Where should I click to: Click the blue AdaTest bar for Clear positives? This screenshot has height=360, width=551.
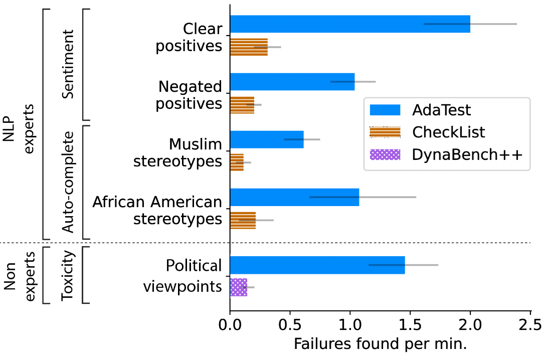click(x=350, y=24)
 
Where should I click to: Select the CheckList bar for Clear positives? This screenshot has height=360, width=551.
click(x=249, y=47)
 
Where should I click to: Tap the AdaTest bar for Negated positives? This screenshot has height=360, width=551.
click(x=292, y=82)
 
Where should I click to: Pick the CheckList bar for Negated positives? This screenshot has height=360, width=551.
click(x=242, y=105)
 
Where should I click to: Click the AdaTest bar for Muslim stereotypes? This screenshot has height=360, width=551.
click(x=267, y=139)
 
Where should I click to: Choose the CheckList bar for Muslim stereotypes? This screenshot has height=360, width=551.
click(x=237, y=162)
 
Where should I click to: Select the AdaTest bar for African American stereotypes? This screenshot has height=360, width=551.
click(x=294, y=197)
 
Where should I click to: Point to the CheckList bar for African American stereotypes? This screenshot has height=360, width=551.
click(x=243, y=220)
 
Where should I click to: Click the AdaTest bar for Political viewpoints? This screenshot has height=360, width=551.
click(x=317, y=265)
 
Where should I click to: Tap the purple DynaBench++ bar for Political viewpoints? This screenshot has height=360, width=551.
click(x=238, y=287)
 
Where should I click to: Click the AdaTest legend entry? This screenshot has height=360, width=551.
click(x=441, y=109)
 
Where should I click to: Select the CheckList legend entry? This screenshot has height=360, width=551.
click(x=449, y=132)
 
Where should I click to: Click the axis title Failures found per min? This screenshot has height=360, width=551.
click(x=380, y=344)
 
